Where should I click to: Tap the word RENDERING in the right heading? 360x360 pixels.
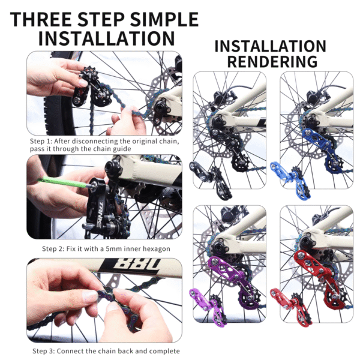tap(272, 61)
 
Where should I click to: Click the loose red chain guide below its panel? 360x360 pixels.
tap(292, 306)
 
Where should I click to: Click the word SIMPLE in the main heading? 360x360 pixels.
tap(164, 19)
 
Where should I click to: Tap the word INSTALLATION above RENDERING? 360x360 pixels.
tap(270, 46)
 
